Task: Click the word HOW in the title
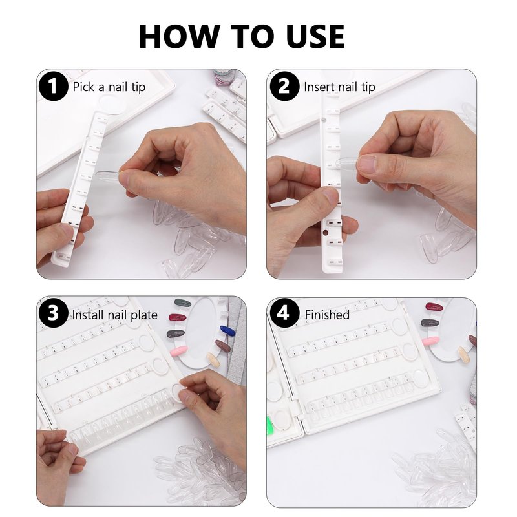(x=180, y=37)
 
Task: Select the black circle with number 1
(x=54, y=86)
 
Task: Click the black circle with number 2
(x=284, y=86)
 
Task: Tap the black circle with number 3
(x=54, y=313)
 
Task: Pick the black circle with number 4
(x=284, y=313)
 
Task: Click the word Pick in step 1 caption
(x=84, y=87)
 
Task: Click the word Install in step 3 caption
(x=88, y=315)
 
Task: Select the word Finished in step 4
(x=327, y=315)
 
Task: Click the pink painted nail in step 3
(x=178, y=351)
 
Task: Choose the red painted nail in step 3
(x=178, y=317)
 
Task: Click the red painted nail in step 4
(x=434, y=307)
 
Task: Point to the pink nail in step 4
(x=430, y=341)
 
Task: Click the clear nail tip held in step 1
(x=109, y=175)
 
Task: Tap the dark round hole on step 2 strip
(x=326, y=233)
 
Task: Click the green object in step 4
(x=269, y=425)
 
